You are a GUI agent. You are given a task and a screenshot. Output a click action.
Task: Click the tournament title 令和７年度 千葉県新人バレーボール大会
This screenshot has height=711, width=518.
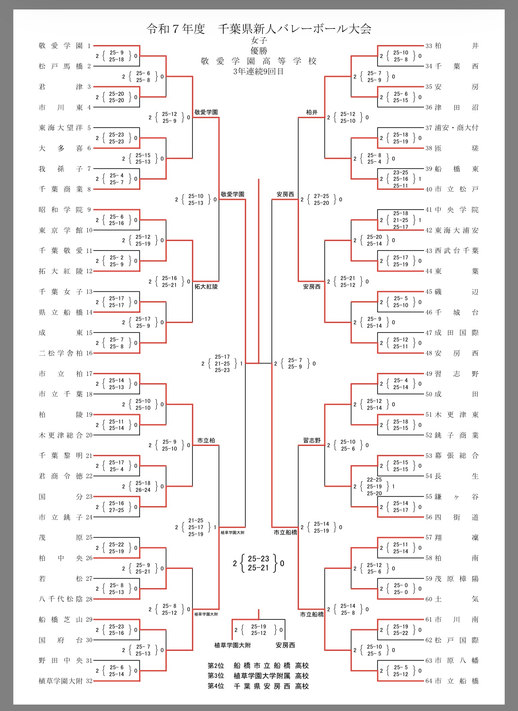(x=259, y=29)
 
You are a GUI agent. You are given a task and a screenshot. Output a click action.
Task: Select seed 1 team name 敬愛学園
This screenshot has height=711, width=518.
(x=61, y=46)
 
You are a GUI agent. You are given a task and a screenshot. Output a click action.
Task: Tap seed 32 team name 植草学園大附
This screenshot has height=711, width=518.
(x=61, y=681)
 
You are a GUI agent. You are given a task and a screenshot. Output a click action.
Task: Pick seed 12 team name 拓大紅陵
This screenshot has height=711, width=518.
(x=61, y=271)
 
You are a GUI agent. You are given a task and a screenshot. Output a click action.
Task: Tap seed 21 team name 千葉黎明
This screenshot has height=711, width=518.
(x=61, y=456)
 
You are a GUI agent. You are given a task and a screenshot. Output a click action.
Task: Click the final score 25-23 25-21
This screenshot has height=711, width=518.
(x=258, y=563)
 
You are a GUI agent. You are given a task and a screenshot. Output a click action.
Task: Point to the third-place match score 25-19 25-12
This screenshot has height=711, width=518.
(x=259, y=630)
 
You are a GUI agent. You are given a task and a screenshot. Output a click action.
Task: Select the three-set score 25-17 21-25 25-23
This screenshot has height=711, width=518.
(x=222, y=363)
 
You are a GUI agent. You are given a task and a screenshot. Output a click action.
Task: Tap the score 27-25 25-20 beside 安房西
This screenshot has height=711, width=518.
(x=321, y=199)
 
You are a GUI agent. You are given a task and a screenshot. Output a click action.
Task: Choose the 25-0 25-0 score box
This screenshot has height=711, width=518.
(x=400, y=589)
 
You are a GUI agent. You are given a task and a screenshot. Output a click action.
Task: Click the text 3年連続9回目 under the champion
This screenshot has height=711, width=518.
(x=259, y=71)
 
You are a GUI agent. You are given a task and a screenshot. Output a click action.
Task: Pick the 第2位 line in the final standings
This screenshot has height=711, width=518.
(x=258, y=665)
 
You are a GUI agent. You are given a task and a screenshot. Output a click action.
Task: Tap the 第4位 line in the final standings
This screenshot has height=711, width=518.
(x=258, y=686)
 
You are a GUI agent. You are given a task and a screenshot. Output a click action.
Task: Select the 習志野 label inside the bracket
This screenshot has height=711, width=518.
(x=312, y=440)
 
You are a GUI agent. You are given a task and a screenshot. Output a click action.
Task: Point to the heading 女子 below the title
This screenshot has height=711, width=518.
(x=259, y=40)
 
